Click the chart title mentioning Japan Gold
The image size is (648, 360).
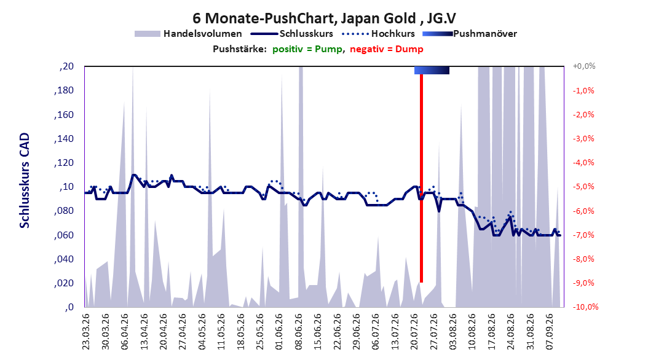[325, 18]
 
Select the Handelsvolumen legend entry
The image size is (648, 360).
[188, 34]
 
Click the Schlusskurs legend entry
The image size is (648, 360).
[292, 34]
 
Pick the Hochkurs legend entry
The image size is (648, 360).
[378, 34]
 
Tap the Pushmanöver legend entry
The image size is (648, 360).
[470, 34]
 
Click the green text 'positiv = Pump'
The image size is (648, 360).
[307, 49]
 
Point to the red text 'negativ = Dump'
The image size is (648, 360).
[387, 49]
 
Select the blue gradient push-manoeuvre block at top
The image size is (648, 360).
[432, 70]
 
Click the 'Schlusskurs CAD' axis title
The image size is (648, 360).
[25, 181]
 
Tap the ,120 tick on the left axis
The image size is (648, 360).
[64, 163]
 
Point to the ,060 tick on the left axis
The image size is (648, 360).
[64, 235]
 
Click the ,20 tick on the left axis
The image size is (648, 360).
[66, 66]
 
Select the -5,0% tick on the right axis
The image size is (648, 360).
[583, 187]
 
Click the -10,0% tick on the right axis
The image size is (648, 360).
[585, 307]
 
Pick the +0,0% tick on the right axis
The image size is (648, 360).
[584, 66]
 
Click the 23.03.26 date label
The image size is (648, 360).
[86, 332]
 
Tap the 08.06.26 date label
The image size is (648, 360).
[298, 332]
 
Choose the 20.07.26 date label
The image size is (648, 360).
[414, 332]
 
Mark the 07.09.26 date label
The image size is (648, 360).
[550, 332]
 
